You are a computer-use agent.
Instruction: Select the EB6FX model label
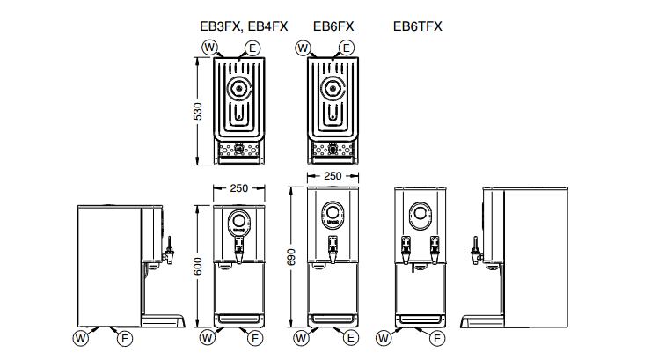tap(334, 26)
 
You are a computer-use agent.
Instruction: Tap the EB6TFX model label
tap(417, 26)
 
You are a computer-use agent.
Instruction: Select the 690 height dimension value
tap(291, 255)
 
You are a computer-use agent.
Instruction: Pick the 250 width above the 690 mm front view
tap(333, 176)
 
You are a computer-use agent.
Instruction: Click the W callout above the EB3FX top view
tap(209, 47)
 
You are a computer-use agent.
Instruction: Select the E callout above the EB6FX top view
tap(347, 47)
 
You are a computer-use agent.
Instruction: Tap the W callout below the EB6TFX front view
tap(383, 338)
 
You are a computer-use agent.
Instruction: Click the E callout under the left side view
tap(126, 338)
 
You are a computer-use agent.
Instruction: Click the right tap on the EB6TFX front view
tap(434, 249)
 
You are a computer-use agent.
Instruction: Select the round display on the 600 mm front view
tap(239, 221)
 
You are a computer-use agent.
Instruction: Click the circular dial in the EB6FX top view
tap(333, 87)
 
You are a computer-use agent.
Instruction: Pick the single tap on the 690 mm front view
tap(333, 252)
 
